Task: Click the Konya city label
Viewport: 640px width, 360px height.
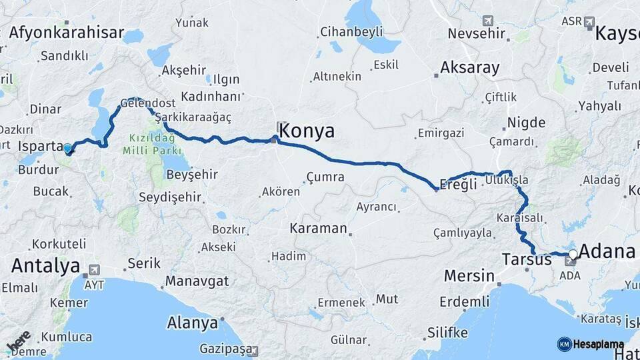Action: pyautogui.click(x=306, y=131)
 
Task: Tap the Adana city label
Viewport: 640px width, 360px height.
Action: pyautogui.click(x=607, y=251)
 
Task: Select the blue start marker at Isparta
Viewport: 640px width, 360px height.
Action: pyautogui.click(x=67, y=148)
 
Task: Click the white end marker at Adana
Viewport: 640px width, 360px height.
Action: pyautogui.click(x=572, y=254)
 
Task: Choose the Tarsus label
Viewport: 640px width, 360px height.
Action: pyautogui.click(x=527, y=259)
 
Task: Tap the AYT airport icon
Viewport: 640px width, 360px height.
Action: pyautogui.click(x=93, y=270)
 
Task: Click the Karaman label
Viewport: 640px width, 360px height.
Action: pyautogui.click(x=318, y=228)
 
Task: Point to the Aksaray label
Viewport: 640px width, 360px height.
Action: pyautogui.click(x=470, y=67)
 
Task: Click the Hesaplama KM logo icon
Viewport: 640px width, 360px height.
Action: pyautogui.click(x=564, y=344)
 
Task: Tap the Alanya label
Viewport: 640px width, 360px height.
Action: pyautogui.click(x=193, y=323)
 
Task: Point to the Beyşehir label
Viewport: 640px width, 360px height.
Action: pyautogui.click(x=173, y=174)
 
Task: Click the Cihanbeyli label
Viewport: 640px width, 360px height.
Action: pyautogui.click(x=351, y=31)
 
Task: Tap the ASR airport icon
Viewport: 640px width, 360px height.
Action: pyautogui.click(x=589, y=22)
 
